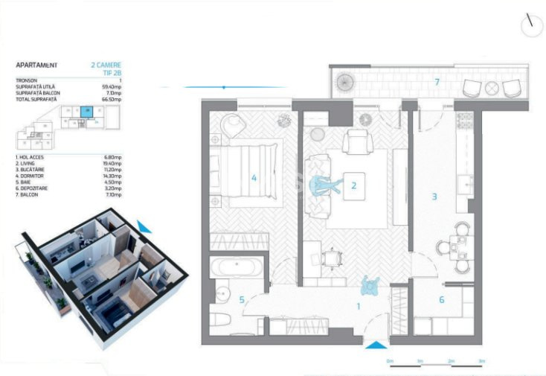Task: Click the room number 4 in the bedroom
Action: pyautogui.click(x=254, y=178)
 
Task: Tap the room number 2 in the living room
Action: pyautogui.click(x=354, y=186)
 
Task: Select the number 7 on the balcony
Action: pyautogui.click(x=437, y=81)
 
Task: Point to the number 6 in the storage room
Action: pyautogui.click(x=441, y=299)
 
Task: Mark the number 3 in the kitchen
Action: pyautogui.click(x=435, y=197)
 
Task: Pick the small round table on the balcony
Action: pyautogui.click(x=491, y=88)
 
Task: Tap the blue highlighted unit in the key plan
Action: pyautogui.click(x=88, y=112)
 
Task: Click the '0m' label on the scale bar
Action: pyautogui.click(x=390, y=360)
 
